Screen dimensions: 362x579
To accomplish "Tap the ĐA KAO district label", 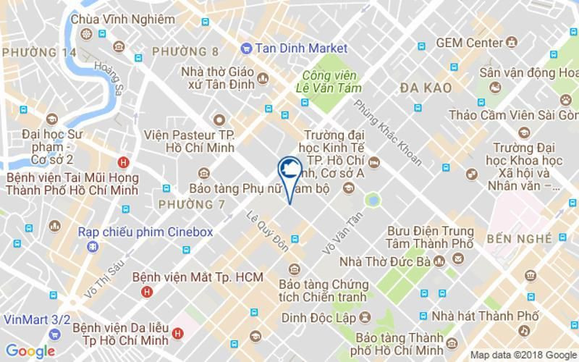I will tap(426, 88).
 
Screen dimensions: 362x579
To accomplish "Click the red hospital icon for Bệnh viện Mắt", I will tap(147, 292).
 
